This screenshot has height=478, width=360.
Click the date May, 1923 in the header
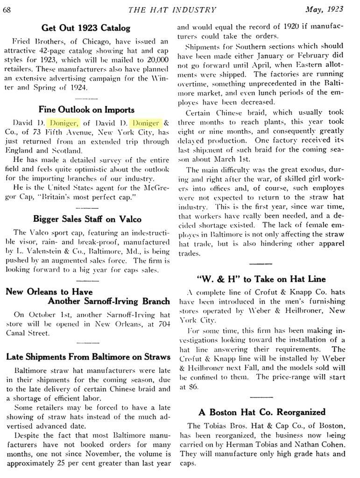pos(324,9)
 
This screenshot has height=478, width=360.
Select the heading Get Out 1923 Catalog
pos(86,28)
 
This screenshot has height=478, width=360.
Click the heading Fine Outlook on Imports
pos(86,110)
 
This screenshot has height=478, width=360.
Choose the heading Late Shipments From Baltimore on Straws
pos(88,357)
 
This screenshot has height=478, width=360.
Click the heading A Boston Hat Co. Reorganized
pos(261,412)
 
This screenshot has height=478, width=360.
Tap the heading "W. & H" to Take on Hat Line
pos(261,279)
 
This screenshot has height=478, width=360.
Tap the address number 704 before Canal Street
pos(160,324)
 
